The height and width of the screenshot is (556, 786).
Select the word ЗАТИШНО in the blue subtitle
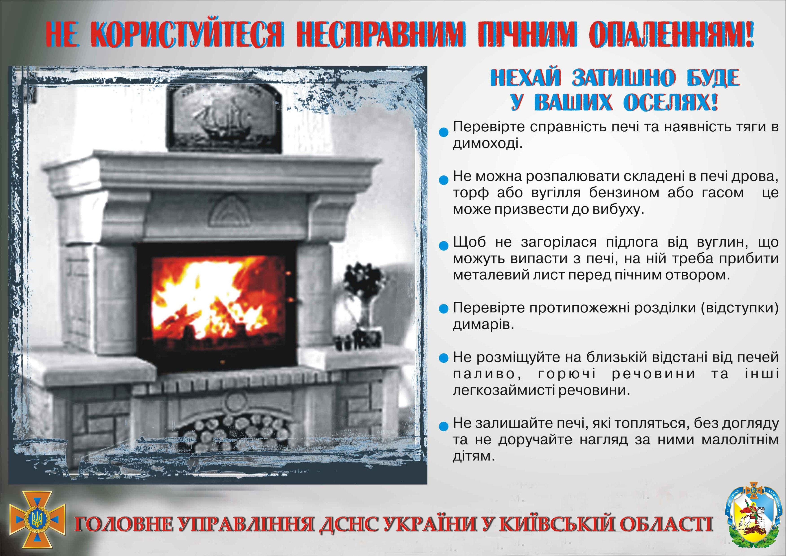point(624,77)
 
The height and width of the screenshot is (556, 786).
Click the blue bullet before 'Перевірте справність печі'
point(444,132)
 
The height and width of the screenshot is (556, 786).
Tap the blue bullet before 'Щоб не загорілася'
point(444,246)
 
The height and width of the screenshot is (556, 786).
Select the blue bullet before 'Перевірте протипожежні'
point(444,309)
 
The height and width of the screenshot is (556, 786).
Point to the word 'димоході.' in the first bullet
point(487,143)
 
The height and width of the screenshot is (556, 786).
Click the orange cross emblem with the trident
point(37,519)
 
